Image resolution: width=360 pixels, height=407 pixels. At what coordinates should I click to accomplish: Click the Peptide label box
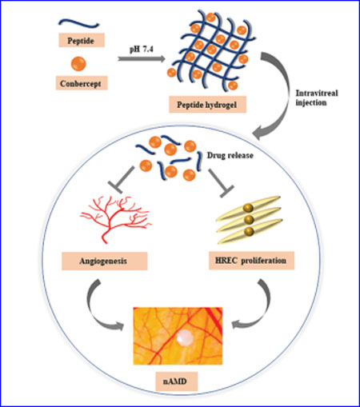point(82,40)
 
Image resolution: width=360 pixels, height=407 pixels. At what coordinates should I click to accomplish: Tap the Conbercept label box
point(82,83)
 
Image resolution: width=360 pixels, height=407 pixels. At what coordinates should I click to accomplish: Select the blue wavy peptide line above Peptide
point(78,23)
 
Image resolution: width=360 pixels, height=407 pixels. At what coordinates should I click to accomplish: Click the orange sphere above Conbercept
point(78,64)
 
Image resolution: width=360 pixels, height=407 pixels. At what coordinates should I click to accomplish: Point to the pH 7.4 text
point(141,50)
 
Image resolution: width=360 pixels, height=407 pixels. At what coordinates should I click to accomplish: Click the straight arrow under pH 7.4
point(142,58)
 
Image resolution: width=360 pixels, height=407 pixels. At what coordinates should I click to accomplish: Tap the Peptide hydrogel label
point(207,105)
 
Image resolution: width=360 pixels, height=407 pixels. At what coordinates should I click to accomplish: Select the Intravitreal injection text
point(317,98)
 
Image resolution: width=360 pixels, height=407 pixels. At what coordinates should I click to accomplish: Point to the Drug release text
point(230,155)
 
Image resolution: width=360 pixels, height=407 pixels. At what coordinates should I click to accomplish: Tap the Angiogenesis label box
point(105,261)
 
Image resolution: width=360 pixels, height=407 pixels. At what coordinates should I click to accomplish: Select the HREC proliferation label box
point(251,261)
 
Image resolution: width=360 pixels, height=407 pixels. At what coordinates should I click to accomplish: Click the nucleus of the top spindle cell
point(248,208)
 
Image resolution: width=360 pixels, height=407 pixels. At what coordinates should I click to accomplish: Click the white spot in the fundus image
point(185,338)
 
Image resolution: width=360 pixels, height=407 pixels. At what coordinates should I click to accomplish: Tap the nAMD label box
point(177,381)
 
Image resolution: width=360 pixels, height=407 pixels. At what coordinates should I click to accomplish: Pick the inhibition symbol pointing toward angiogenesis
point(121,180)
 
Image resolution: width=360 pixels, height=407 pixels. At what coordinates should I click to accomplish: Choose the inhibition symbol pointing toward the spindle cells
point(221,183)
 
